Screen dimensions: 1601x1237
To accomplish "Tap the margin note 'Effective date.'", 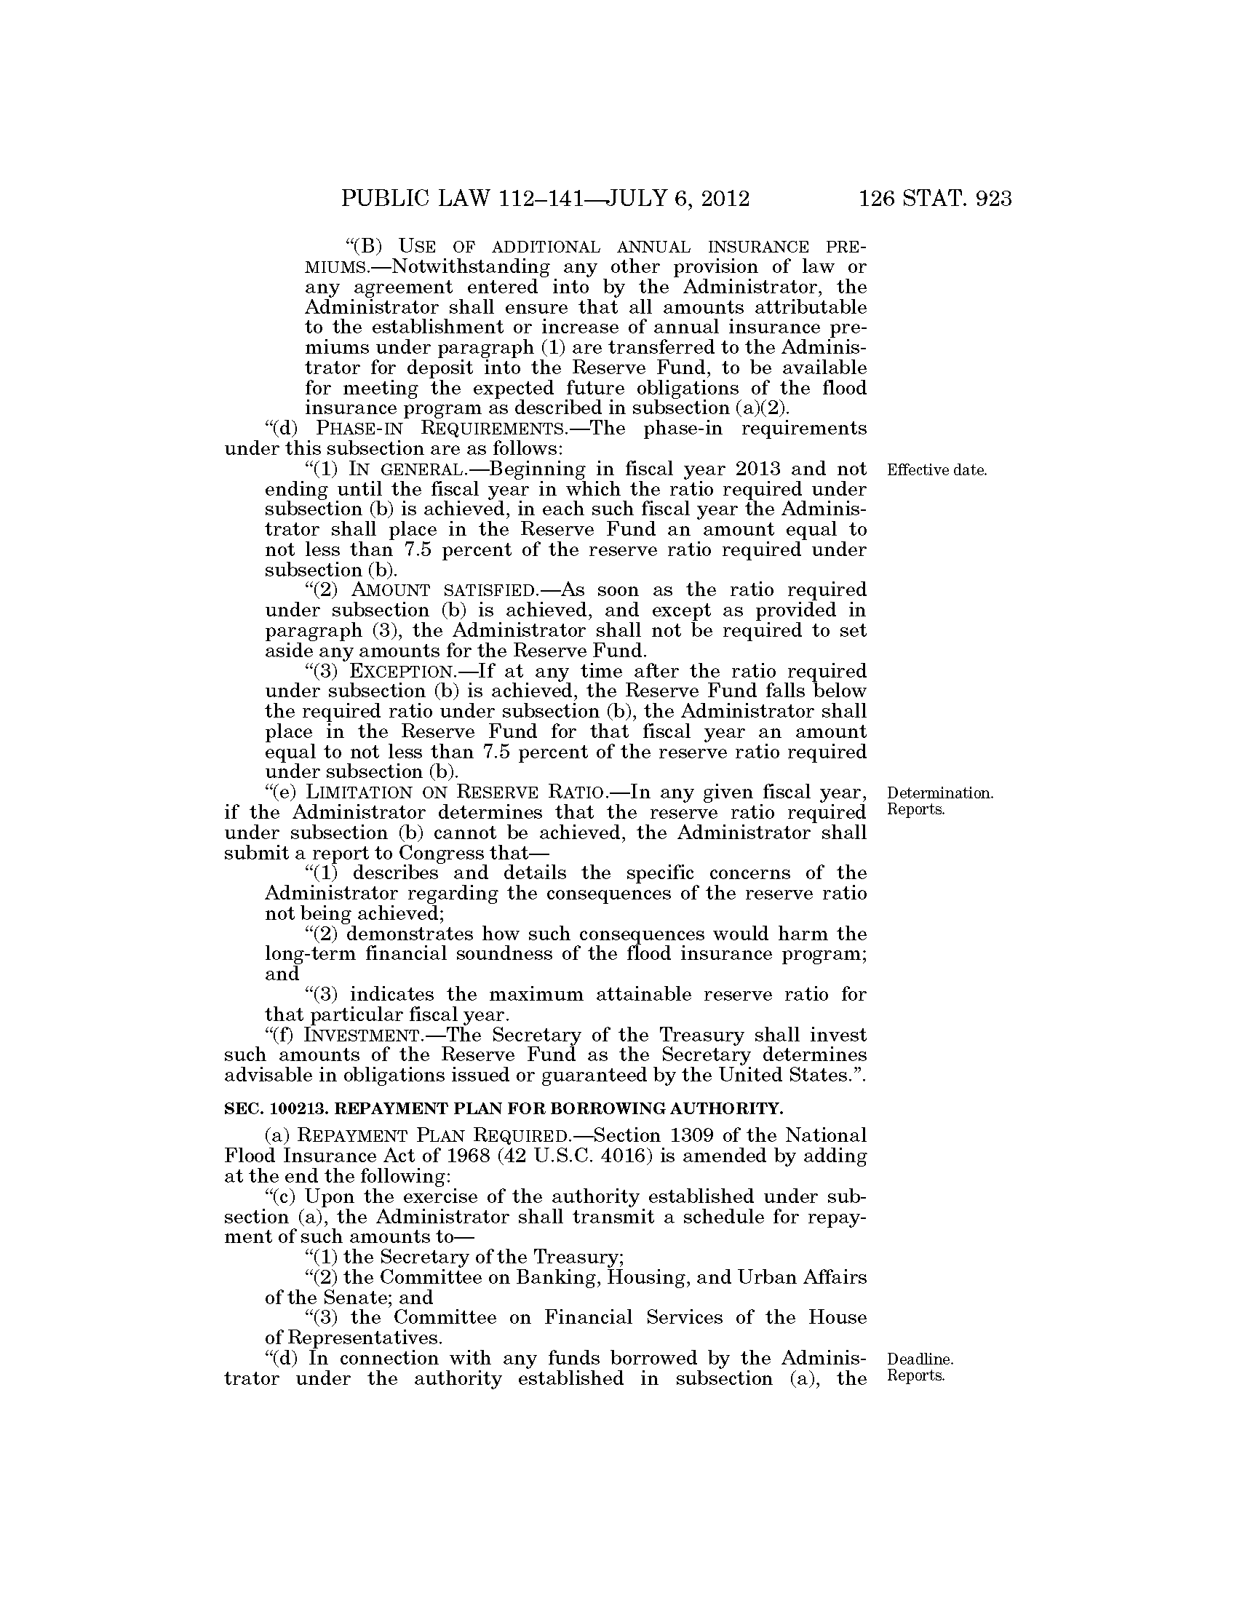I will click(x=936, y=470).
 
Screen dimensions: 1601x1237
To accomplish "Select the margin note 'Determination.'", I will click(x=940, y=793).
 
